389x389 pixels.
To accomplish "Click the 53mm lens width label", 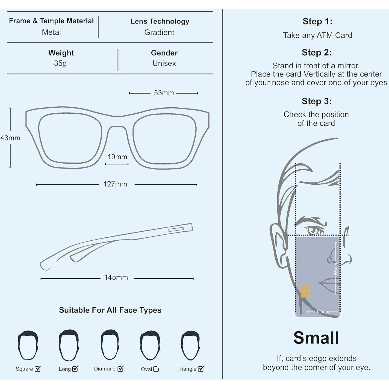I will (164, 93).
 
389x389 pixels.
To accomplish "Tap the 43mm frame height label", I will (10, 138).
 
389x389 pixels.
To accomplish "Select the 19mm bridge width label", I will (117, 157).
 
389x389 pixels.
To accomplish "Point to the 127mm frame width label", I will (115, 184).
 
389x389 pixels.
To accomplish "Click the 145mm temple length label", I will (116, 278).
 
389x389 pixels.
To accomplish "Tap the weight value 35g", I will (60, 63).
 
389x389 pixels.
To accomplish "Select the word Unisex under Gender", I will (164, 63).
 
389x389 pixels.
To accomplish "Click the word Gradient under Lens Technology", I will (159, 33).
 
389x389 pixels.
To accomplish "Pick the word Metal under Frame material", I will (51, 32).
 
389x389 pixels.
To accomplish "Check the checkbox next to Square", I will (38, 369).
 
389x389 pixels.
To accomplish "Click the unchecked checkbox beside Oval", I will (156, 369).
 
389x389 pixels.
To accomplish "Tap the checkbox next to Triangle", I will (201, 369).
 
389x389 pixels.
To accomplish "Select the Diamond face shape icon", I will (110, 344).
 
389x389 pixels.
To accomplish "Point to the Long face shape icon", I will (69, 345).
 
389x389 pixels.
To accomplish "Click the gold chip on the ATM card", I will (305, 291).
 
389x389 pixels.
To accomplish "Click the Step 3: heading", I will (316, 101).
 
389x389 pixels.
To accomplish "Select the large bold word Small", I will (316, 338).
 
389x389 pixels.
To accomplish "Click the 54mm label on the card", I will (323, 311).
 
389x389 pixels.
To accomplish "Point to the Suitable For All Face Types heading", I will (110, 310).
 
